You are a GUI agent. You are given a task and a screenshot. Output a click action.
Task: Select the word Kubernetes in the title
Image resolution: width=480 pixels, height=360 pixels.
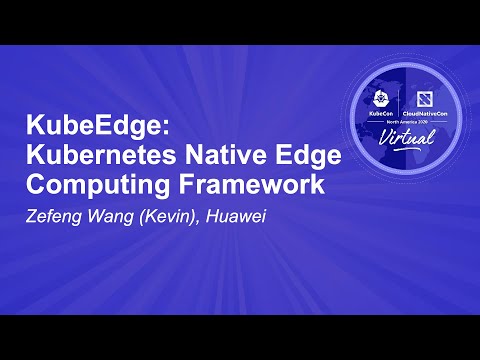coord(94,157)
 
